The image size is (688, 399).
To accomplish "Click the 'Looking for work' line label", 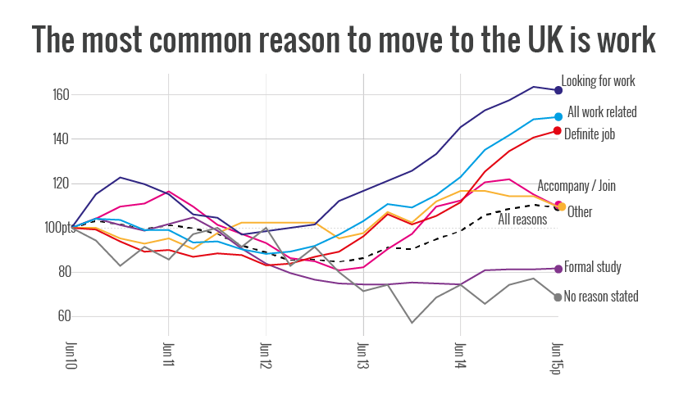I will coord(598,81).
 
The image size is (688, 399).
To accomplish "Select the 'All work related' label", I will coord(601,112).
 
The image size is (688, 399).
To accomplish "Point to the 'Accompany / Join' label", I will coord(576,186).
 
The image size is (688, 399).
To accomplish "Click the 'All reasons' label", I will coord(522,219).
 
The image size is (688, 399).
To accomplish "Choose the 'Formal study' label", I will coord(592,267).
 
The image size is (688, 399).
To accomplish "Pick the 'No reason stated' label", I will coord(601,297).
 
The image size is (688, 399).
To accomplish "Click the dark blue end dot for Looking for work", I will coord(558,90).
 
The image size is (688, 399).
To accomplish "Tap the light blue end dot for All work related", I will coord(558,117).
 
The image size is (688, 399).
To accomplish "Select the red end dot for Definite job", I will coord(558,131).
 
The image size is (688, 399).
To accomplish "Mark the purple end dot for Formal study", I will coord(558,269).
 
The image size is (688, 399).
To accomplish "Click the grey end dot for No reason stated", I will coord(558,297).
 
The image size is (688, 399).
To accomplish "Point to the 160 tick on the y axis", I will coord(61,95).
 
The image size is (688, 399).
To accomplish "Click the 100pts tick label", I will coord(58,228).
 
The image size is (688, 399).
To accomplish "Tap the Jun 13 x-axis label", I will coord(362,353).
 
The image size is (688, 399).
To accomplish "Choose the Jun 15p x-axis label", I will coord(557,356).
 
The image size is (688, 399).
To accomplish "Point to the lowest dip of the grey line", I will coord(412,323).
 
